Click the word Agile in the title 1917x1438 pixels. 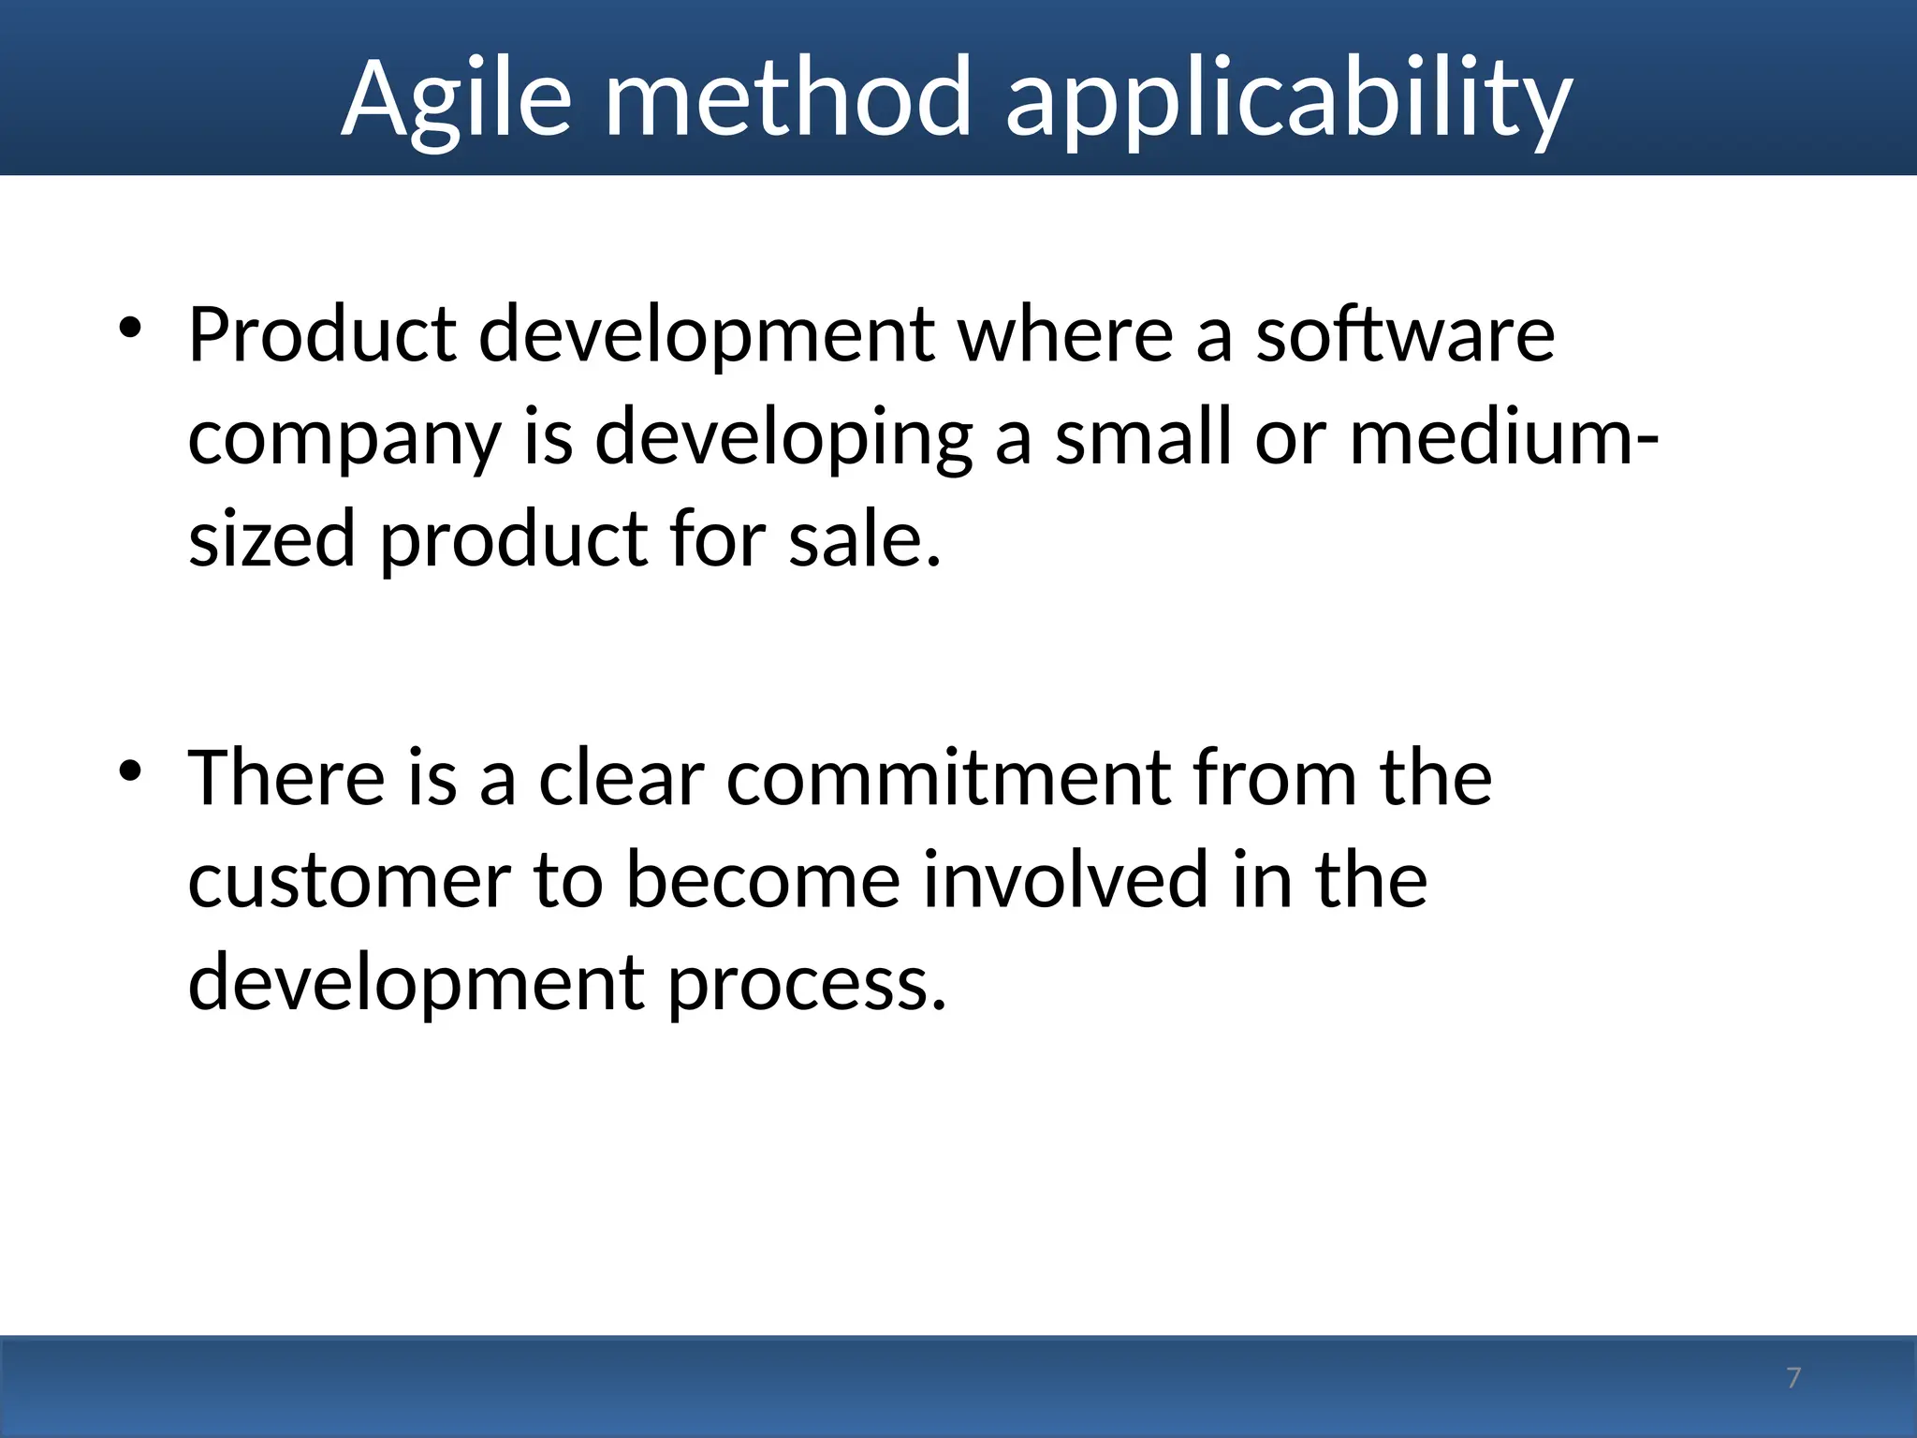[x=456, y=98]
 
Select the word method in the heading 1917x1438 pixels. [x=788, y=98]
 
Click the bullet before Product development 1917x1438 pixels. [x=129, y=328]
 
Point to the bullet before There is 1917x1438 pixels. [x=129, y=771]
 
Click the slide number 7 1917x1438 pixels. [x=1793, y=1378]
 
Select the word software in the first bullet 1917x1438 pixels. [x=1404, y=334]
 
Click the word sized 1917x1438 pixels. [x=271, y=539]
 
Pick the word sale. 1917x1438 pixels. [x=864, y=539]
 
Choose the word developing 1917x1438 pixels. [x=783, y=438]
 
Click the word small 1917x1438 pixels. [x=1143, y=438]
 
